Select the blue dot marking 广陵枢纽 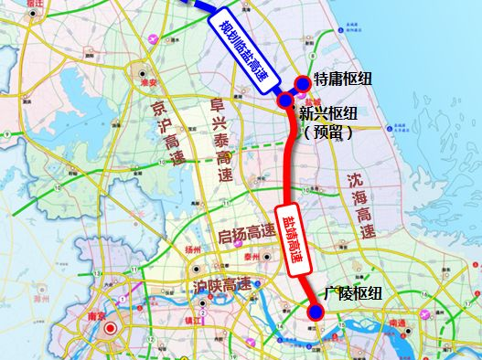316,312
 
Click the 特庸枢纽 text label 343,80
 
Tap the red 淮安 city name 139,79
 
